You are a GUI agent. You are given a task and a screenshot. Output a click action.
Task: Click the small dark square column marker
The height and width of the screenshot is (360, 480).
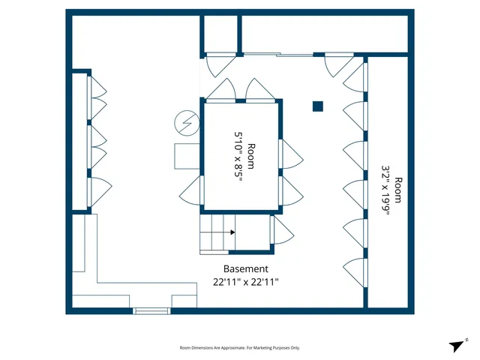[x=318, y=106]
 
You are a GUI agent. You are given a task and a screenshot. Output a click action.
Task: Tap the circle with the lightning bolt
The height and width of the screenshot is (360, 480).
[x=184, y=121]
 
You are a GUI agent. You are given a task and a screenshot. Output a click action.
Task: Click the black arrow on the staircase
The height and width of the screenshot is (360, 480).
[x=232, y=232]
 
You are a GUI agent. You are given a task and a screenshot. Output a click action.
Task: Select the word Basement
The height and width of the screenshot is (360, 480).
[x=245, y=268]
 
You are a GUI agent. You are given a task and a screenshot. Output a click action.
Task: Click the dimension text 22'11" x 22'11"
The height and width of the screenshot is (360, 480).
[x=245, y=282]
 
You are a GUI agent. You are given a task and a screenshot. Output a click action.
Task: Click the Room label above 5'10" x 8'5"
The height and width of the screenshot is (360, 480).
[x=252, y=156]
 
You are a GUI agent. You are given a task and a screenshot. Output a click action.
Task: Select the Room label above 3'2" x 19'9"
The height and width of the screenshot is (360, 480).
[x=399, y=190]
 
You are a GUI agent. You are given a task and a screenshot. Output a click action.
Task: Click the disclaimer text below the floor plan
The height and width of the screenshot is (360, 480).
[x=239, y=348]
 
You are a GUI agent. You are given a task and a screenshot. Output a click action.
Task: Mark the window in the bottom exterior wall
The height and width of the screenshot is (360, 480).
[x=152, y=310]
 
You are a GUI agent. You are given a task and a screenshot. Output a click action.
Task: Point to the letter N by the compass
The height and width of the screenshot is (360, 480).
[x=465, y=340]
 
